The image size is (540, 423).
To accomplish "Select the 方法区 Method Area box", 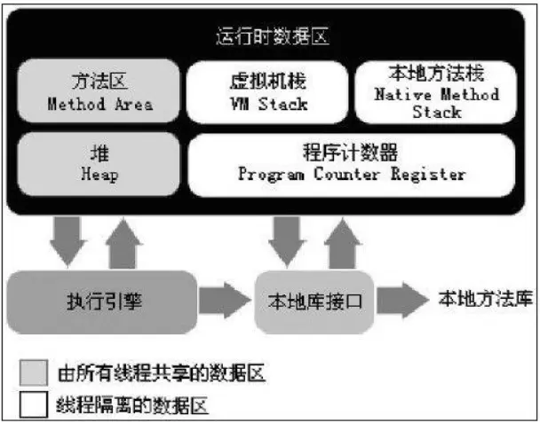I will pos(99,92).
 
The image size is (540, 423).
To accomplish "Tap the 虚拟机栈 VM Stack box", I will pos(267,92).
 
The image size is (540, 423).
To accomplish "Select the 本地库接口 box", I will pos(315,300).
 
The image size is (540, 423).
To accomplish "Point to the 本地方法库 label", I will pos(485,298).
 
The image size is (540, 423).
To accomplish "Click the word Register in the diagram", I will pos(432,174).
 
